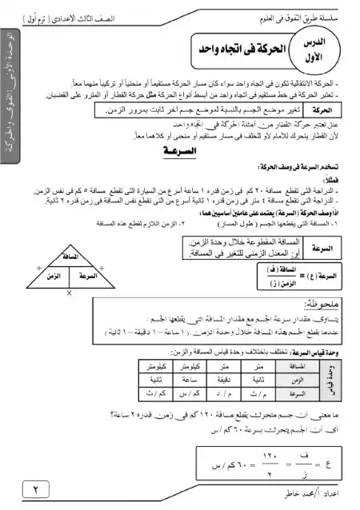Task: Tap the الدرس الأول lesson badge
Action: pyautogui.click(x=324, y=53)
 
